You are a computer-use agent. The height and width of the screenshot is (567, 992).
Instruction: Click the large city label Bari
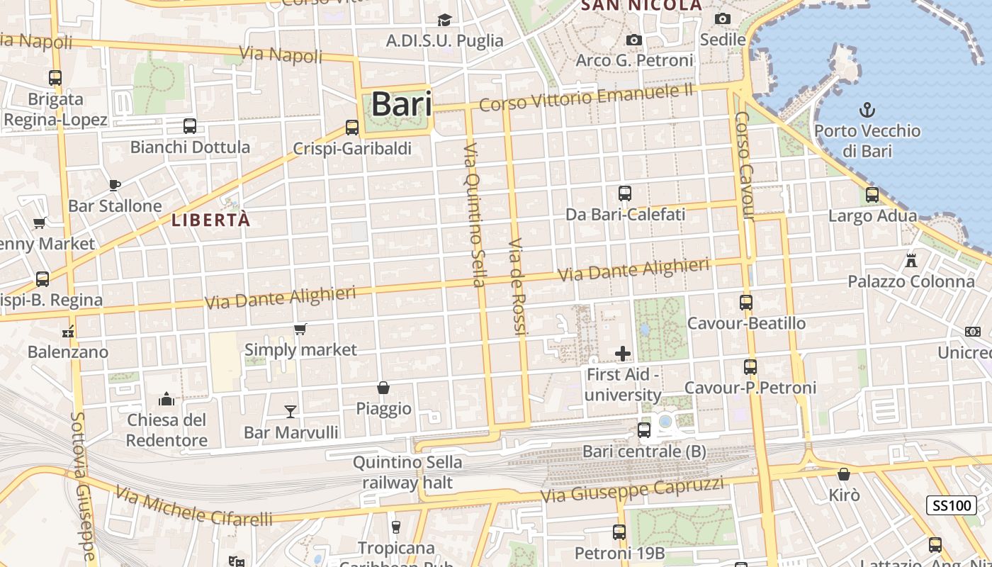coord(401,104)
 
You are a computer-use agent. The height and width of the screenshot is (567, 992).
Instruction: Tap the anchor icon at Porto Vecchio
coord(867,110)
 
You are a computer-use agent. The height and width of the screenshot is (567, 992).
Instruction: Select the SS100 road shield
coord(951,505)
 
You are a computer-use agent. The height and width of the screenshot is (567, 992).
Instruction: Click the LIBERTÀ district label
coord(211,220)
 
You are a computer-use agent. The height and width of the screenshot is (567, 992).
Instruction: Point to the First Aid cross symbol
coord(623,353)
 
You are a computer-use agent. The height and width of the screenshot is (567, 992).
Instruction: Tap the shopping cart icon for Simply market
coord(300,329)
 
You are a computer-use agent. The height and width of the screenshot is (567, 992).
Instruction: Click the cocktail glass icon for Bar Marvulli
coord(291,411)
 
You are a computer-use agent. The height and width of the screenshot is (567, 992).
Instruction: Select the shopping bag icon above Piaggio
coord(383,388)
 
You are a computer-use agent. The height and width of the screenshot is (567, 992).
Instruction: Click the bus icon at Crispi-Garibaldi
coord(352,128)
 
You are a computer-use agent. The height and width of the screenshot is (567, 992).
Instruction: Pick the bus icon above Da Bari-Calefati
coord(625,193)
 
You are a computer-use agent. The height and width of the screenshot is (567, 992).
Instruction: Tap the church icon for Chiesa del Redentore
coord(167,399)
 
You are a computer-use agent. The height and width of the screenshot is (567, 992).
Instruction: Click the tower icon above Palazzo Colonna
coord(911,260)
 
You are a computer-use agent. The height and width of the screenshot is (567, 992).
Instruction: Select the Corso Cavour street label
coord(743,164)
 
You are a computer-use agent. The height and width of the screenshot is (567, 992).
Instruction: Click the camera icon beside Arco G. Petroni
coord(634,40)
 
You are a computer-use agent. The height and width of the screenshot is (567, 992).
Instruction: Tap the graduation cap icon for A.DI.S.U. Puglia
coord(444,20)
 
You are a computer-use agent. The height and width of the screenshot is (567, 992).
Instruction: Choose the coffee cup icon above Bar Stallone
coord(115,185)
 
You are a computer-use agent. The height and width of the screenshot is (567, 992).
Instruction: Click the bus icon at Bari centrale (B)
coord(644,430)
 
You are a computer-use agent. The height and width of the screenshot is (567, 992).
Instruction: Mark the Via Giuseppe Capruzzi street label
coord(632,488)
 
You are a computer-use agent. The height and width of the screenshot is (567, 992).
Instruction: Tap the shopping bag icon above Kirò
coord(844,474)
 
